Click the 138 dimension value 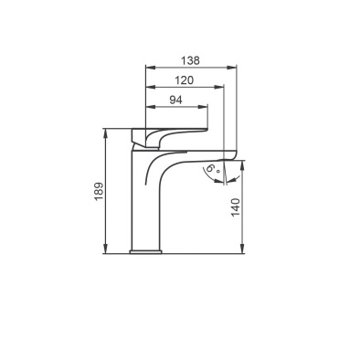(x=191, y=60)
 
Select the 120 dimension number (x=185, y=80)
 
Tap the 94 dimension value (x=175, y=100)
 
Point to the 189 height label (x=99, y=191)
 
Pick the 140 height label (x=236, y=207)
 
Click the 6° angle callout (x=213, y=169)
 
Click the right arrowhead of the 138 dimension (x=231, y=68)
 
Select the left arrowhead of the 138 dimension (x=151, y=68)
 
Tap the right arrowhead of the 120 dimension (x=218, y=87)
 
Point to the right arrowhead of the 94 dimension (x=203, y=107)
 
